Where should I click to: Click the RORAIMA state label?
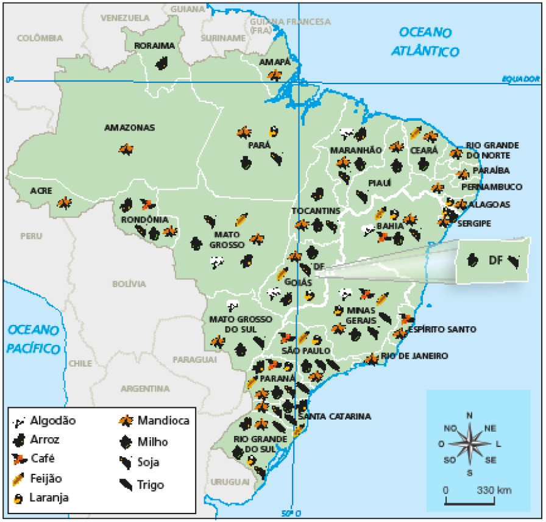154,46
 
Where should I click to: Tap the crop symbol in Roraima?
161,62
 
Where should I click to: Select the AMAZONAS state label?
130,128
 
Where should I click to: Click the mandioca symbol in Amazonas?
126,149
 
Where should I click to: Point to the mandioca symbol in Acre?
64,203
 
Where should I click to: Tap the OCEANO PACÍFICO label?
34,339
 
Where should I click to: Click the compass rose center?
469,443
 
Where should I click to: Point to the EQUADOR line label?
520,79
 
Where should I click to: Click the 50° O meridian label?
291,513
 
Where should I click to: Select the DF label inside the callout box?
494,260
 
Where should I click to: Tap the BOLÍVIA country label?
129,284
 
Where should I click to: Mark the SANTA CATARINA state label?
334,417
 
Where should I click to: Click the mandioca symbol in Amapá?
275,75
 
